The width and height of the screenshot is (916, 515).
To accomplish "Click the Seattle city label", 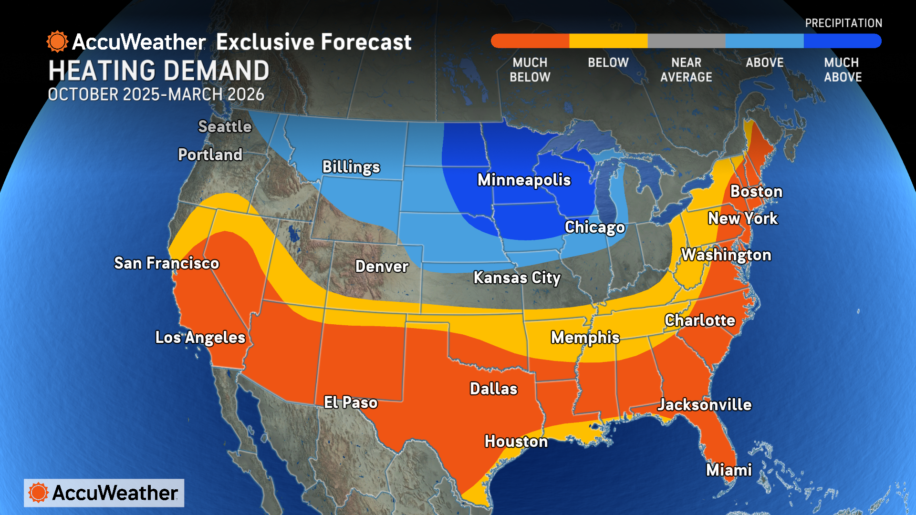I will click(225, 126).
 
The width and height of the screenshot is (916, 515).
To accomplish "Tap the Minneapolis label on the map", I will click(524, 180).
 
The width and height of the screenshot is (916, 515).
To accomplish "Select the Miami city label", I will click(729, 470).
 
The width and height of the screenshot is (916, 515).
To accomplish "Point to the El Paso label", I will click(351, 402).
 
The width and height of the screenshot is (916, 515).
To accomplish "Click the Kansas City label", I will click(517, 278).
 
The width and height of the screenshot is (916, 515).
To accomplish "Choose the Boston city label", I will click(756, 191).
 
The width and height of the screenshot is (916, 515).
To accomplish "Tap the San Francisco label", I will click(167, 263).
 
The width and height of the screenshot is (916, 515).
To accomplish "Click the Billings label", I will click(351, 167).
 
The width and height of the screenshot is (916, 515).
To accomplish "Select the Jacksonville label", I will click(704, 405).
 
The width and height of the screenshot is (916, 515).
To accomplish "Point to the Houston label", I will click(516, 442).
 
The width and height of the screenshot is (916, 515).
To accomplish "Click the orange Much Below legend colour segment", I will click(530, 41).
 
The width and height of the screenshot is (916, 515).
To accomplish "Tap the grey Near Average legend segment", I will click(686, 41).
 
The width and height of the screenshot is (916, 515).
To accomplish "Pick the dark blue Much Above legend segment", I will click(842, 41).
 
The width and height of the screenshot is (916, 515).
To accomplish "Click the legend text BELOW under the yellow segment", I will click(608, 62).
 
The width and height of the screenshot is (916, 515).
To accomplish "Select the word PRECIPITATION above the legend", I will click(843, 23).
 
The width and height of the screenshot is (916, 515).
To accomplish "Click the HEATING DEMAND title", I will click(159, 71).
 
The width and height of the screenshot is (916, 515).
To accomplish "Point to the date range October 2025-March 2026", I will click(156, 94).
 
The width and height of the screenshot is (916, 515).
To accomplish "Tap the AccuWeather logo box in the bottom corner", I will click(104, 493).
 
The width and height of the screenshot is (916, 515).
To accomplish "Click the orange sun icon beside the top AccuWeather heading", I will click(57, 42).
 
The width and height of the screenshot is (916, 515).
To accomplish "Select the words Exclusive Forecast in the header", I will click(313, 42).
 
